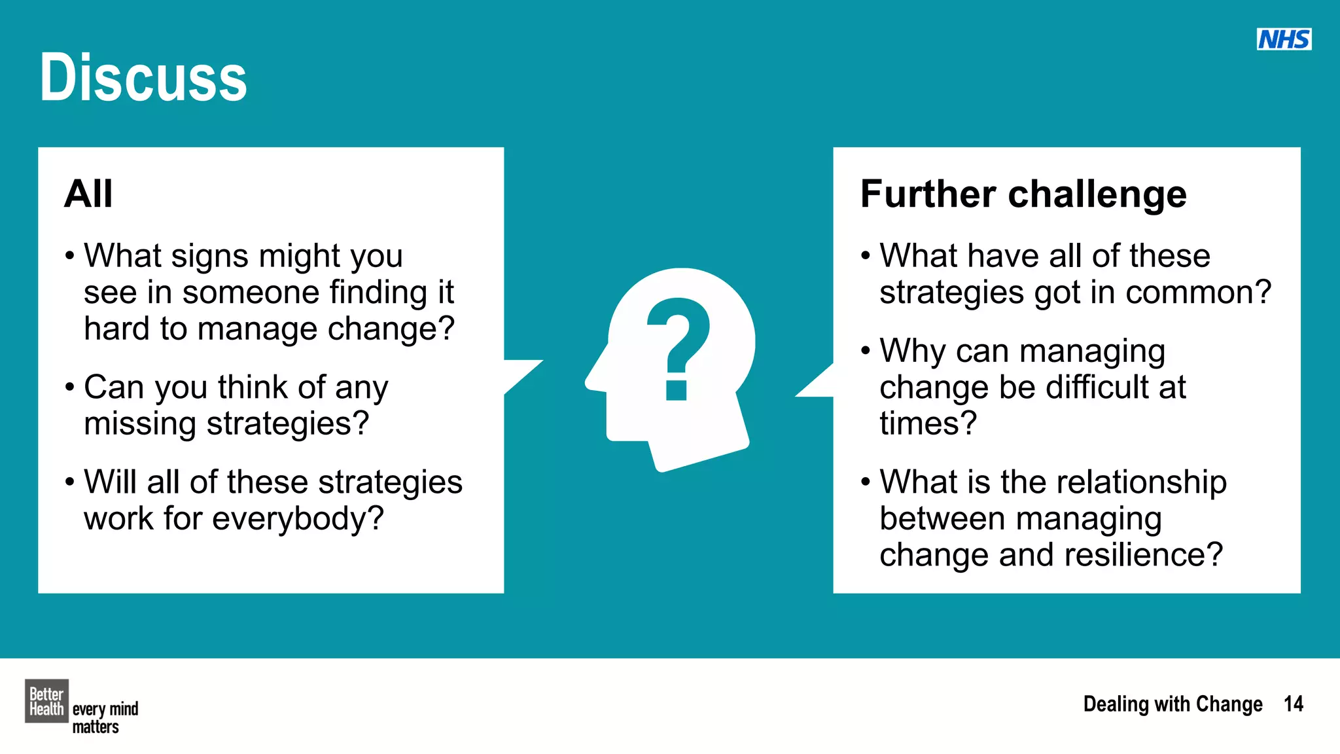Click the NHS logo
tap(1284, 39)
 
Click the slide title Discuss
tap(143, 78)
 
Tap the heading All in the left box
tap(88, 194)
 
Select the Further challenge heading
tap(1023, 194)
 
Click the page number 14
tap(1293, 704)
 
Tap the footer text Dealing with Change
tap(1172, 704)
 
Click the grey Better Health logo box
tap(46, 701)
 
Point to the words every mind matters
tap(105, 718)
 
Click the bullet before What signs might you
tap(70, 255)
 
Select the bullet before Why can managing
tap(866, 351)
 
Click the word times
tap(927, 423)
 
